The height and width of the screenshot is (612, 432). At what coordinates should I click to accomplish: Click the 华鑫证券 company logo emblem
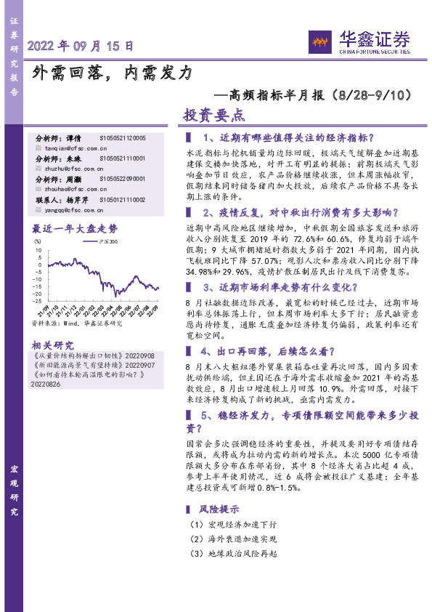319,39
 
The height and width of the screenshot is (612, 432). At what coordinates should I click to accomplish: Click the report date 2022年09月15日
81,46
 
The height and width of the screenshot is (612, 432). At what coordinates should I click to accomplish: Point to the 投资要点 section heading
215,115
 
